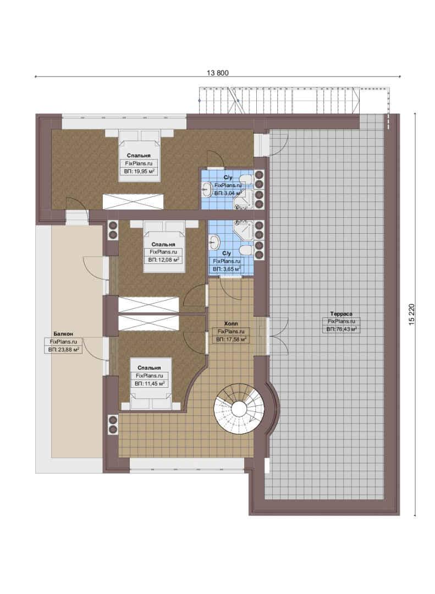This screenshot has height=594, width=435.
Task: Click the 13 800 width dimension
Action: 218,73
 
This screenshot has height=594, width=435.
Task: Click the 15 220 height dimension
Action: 412,314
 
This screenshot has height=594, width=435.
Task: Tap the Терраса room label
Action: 341,313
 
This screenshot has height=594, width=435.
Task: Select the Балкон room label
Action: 63,334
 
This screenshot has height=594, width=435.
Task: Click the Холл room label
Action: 231,323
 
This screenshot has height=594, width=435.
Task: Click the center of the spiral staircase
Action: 239,409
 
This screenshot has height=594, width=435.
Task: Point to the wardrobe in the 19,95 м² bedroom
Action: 133,201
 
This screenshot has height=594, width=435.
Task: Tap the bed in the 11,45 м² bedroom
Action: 151,384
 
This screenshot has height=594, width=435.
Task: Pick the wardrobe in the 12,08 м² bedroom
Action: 148,305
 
